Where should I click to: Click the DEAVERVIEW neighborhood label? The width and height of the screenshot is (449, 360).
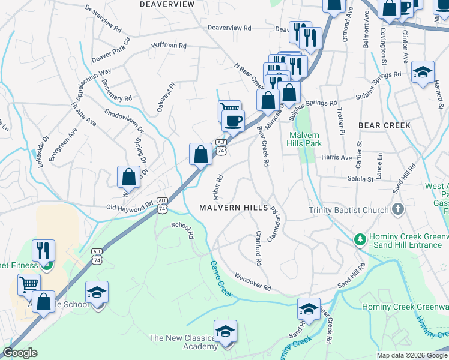(167, 4)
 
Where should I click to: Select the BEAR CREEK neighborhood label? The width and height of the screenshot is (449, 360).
(384, 125)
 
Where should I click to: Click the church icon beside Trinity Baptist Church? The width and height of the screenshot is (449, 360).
(397, 210)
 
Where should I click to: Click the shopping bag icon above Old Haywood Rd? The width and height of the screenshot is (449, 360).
(128, 177)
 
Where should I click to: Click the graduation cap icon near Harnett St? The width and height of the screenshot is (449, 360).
(423, 72)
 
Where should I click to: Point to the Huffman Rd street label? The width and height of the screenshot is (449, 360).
(169, 46)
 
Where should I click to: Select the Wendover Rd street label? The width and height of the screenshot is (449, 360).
(252, 282)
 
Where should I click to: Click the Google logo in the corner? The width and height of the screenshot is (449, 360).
(20, 353)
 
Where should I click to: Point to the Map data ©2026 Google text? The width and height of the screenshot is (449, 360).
(411, 355)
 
